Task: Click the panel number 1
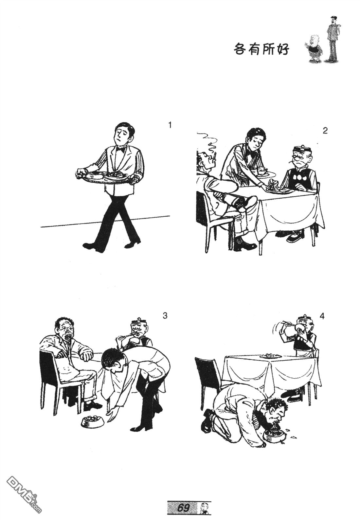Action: (170, 126)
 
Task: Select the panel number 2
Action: (325, 131)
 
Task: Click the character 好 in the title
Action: (282, 49)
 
